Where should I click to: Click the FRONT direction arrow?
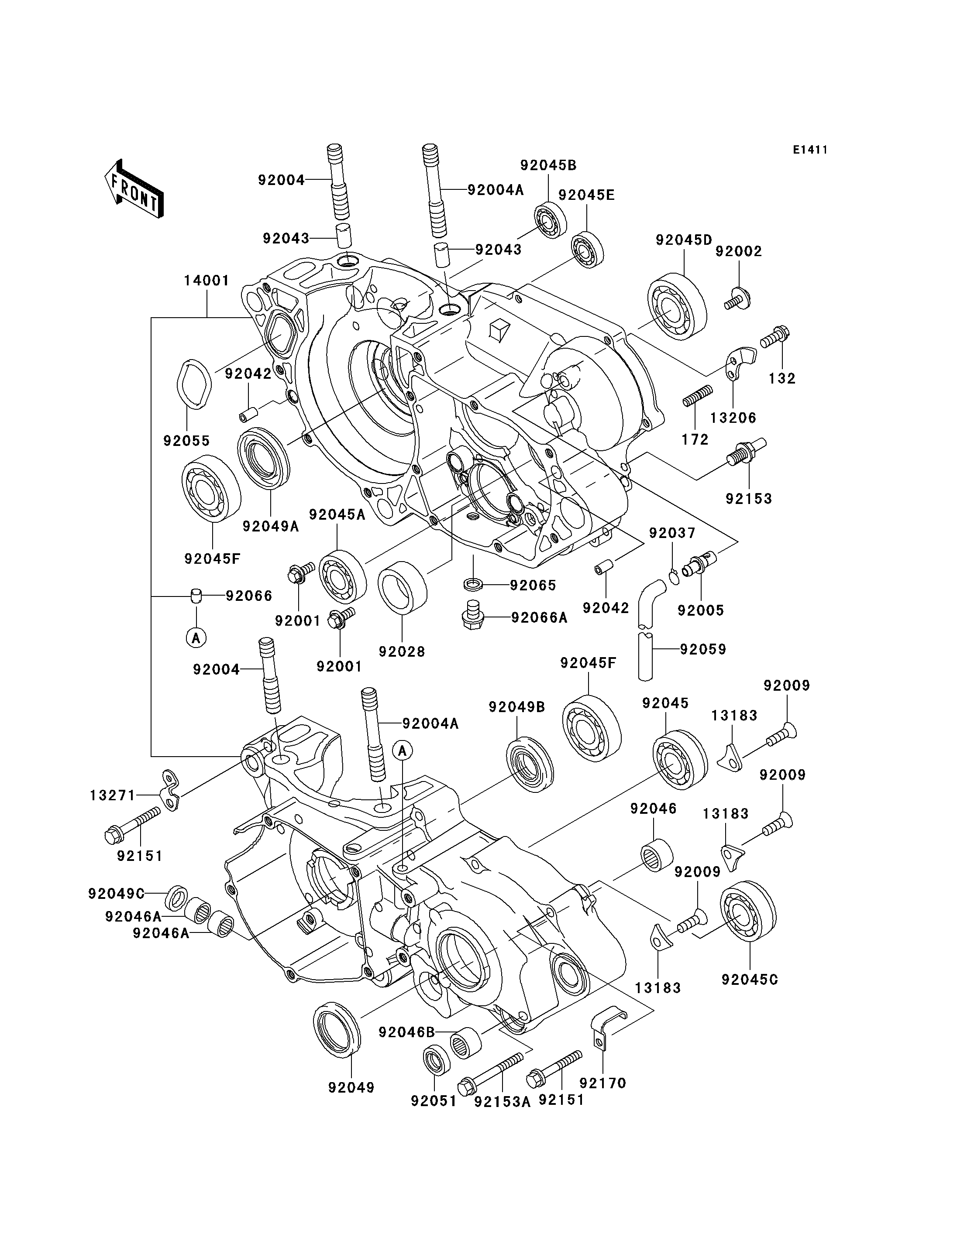[134, 189]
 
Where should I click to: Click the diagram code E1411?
[810, 150]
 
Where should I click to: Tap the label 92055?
[186, 440]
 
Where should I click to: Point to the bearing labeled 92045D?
[677, 307]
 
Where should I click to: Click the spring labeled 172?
[697, 395]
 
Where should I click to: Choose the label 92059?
[703, 649]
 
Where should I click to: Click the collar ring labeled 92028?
[402, 588]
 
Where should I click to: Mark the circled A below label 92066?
[196, 638]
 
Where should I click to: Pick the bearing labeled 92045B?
[550, 220]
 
